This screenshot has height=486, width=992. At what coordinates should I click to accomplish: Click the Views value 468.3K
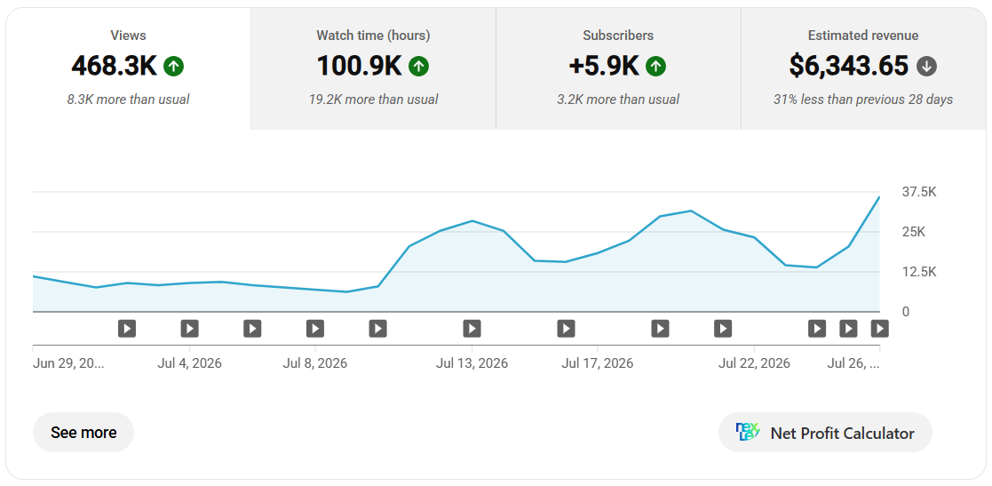coord(114,66)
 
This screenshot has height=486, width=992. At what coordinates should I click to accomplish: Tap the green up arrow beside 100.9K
coord(419,66)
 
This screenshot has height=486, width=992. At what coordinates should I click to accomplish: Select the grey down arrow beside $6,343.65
coord(927,66)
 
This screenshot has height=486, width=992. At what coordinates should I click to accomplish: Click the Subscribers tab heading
coord(618,36)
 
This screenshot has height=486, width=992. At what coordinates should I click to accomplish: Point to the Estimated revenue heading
coord(863,36)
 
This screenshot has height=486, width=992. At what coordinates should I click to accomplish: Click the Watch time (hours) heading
coord(373,36)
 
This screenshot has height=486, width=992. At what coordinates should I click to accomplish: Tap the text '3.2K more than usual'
coord(618,100)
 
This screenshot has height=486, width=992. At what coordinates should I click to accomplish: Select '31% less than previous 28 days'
coord(863,100)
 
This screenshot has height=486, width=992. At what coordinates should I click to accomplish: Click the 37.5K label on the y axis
coord(919,192)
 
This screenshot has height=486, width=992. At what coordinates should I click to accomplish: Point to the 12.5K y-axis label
coord(919,272)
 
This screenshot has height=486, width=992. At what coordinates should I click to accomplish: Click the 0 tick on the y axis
coord(906,312)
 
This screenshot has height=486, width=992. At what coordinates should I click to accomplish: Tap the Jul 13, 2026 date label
coord(472,364)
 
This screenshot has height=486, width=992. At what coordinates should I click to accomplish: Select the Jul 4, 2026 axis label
coord(190,364)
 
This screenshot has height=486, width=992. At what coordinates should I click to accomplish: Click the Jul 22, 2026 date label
coord(754,364)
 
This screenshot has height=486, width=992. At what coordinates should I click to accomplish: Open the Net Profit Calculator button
coord(826,433)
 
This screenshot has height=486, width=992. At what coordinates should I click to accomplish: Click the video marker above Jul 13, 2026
coord(472,329)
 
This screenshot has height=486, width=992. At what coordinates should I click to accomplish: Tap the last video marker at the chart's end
coord(879,329)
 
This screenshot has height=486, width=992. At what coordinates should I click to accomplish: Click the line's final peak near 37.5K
coord(878,197)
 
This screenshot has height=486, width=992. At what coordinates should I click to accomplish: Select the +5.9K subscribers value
coord(604,66)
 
